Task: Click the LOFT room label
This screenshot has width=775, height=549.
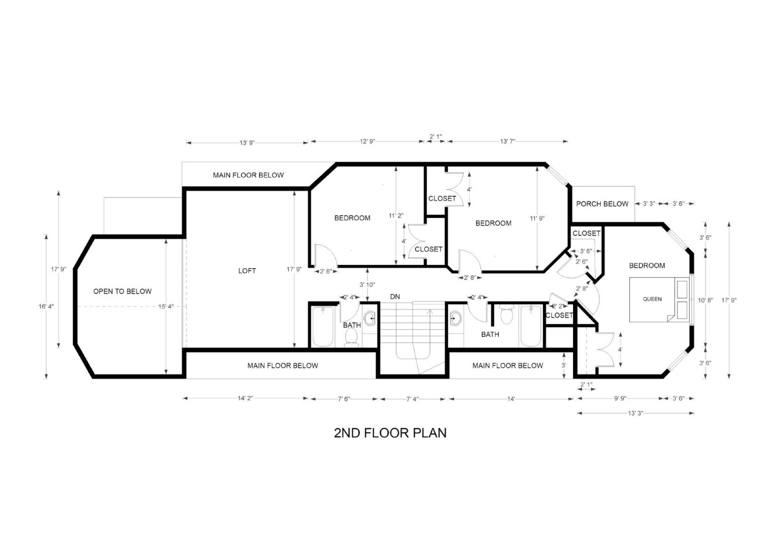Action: tap(247, 271)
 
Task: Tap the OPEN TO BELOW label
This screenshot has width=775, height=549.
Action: tap(122, 291)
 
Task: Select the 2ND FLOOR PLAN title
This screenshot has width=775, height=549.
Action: tap(390, 433)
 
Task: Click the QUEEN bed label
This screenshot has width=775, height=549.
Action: tap(652, 299)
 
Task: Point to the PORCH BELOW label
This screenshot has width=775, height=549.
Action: tap(602, 204)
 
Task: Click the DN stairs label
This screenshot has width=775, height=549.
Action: tap(395, 297)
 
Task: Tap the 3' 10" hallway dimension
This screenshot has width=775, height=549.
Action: tap(367, 284)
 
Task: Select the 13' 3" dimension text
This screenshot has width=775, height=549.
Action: tap(635, 413)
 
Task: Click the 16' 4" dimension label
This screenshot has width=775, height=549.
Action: tap(46, 307)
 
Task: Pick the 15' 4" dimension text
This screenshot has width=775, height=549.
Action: tap(166, 307)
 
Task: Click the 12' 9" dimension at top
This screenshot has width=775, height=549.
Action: tap(367, 141)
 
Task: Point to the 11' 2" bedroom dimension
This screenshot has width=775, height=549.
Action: tap(396, 216)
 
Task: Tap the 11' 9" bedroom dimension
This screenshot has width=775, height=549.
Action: tap(537, 218)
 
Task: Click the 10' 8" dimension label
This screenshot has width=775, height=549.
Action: tap(705, 300)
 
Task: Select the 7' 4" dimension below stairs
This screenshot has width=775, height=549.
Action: tap(413, 399)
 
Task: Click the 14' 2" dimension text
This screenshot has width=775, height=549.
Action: tap(245, 398)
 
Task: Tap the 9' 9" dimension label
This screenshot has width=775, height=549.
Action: tap(620, 398)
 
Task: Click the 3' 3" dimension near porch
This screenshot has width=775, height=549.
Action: tap(649, 204)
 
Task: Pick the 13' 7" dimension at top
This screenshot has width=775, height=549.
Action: tap(508, 141)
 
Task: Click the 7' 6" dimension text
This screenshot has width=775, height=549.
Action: tap(344, 399)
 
